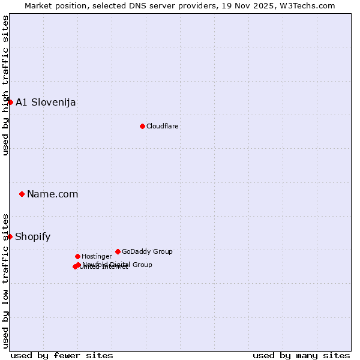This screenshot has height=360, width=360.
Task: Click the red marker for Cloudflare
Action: coord(142,126)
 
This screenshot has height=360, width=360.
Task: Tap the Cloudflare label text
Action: coord(163,126)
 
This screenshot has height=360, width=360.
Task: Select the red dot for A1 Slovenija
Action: coord(10,102)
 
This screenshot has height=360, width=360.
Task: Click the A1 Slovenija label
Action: coord(46,102)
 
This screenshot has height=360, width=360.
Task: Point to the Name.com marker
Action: coord(22,194)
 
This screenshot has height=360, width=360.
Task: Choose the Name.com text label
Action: coord(53,194)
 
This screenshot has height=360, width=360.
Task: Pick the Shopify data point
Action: coord(10,236)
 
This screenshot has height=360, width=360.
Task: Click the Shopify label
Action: coord(33,236)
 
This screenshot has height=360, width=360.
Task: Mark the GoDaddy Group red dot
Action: coord(118,251)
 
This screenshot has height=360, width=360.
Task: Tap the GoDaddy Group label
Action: coord(147,251)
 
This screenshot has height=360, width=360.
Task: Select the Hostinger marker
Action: coord(77,256)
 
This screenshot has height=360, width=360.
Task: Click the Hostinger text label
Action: coord(97,256)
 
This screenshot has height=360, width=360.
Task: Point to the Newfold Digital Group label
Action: coord(118,265)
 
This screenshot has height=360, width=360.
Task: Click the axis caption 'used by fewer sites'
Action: coord(62,355)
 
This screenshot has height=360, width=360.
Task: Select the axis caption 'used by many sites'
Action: coord(301,355)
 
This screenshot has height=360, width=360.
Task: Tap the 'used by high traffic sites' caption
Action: coord(5,85)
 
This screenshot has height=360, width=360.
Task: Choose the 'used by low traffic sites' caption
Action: coord(5,280)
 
